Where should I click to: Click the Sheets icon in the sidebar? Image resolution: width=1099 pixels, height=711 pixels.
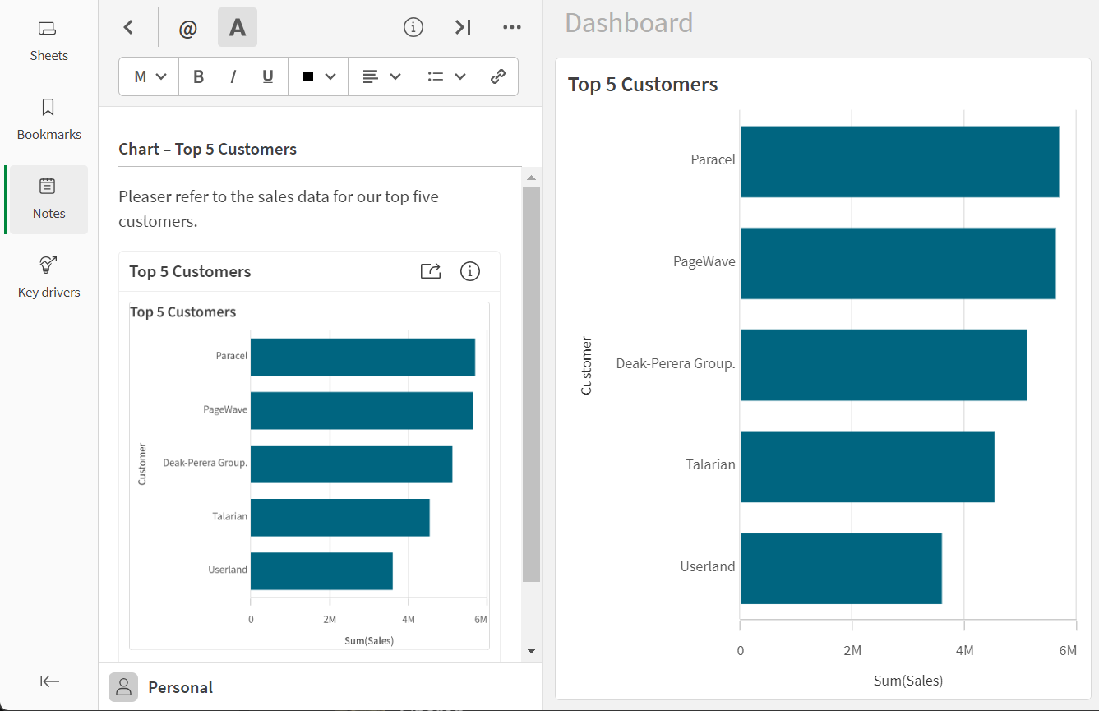point(47,29)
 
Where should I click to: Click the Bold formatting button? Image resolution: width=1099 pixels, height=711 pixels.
point(198,76)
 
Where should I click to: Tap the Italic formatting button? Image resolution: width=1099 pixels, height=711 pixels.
point(233,76)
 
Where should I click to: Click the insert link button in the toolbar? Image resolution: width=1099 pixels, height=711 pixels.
point(498,76)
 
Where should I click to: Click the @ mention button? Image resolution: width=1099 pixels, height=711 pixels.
point(188,27)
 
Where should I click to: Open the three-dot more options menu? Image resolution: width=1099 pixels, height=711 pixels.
point(512,27)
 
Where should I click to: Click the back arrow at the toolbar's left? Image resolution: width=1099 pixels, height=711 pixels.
point(128,27)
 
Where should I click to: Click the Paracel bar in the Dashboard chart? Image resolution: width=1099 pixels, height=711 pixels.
point(899,162)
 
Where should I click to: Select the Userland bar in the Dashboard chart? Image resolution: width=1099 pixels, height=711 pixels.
point(841,568)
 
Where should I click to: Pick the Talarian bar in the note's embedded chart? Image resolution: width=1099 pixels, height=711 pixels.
point(340,518)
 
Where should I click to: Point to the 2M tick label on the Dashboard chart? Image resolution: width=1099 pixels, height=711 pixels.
point(852,651)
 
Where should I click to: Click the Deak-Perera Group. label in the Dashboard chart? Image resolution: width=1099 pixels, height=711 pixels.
point(676,363)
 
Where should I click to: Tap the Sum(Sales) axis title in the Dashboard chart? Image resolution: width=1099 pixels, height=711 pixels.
point(908,681)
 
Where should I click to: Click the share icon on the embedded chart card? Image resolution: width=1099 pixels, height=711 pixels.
point(431,271)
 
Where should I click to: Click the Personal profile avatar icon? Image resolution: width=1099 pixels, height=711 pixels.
point(123,687)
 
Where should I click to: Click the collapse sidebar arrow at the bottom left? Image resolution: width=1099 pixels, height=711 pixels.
point(49,681)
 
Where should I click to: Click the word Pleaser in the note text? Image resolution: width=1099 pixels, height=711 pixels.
point(145,196)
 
